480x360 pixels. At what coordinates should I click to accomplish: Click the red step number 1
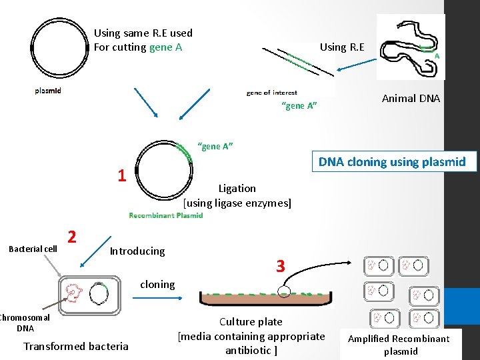[121, 176]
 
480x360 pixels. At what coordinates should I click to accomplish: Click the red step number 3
[281, 267]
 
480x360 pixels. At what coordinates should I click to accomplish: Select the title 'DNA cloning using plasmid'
[392, 162]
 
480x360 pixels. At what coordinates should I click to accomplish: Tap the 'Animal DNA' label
[411, 99]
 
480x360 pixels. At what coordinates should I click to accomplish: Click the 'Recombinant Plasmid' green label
[165, 215]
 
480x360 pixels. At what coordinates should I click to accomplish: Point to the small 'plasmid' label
[48, 91]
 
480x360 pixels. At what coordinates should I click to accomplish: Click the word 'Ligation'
[237, 189]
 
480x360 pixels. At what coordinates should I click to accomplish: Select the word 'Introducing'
[137, 251]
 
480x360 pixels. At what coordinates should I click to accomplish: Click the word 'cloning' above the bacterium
[157, 284]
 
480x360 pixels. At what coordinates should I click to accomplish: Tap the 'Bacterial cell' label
[33, 249]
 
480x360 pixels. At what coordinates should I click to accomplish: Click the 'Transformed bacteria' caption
[76, 346]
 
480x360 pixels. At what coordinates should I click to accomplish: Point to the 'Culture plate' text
[251, 322]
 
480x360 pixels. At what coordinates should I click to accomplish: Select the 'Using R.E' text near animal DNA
[342, 47]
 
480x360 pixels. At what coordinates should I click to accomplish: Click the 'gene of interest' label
[271, 93]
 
